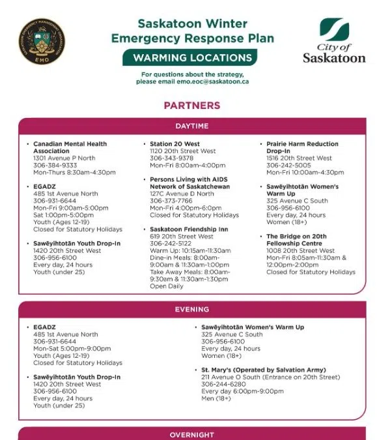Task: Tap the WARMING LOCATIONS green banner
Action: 192,58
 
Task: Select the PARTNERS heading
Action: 192,106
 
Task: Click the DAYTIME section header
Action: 192,126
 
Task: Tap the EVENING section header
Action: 192,309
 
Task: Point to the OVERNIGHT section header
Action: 192,434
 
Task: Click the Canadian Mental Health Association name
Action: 70,147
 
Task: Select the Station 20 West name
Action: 175,144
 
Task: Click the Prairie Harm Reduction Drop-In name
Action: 302,147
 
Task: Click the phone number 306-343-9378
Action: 171,158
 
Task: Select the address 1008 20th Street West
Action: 300,251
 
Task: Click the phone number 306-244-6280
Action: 223,384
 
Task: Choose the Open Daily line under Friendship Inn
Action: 167,286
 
